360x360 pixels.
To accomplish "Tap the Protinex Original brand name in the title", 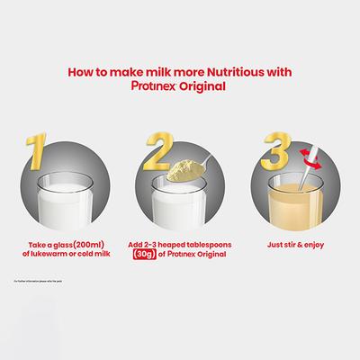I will coord(180,86).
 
